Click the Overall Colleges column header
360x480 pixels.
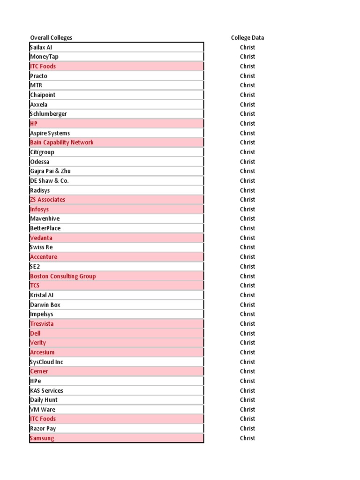coord(51,38)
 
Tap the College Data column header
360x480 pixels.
coord(247,38)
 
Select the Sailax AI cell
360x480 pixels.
coord(45,47)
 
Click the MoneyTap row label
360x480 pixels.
coord(44,57)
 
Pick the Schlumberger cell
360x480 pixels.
coord(48,114)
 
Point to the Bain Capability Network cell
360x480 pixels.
coord(62,142)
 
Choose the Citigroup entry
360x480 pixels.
coord(42,152)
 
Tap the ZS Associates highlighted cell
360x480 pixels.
coord(48,200)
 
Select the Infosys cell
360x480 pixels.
coord(39,210)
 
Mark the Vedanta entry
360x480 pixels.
coord(41,238)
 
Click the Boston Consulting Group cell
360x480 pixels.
coord(63,276)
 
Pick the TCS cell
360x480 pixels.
coord(35,285)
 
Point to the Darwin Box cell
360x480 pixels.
coord(45,305)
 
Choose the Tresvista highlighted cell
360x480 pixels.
coord(42,324)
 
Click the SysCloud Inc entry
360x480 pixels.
coord(46,362)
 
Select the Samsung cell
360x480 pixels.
coord(42,438)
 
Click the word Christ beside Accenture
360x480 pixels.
coord(247,257)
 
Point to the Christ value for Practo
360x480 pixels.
coord(247,76)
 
